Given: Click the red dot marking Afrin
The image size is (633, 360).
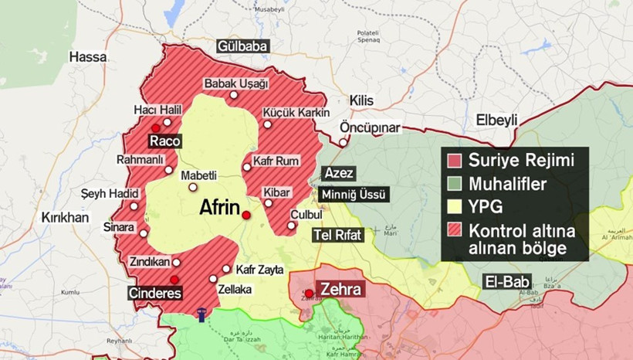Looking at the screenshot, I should (246, 216).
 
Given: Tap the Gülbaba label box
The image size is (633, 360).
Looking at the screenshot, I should (242, 46).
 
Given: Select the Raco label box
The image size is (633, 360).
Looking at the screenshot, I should (165, 141).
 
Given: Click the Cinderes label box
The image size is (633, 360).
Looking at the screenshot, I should (155, 294).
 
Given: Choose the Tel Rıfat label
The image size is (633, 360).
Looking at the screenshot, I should (337, 236).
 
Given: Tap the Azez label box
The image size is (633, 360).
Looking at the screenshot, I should (339, 172).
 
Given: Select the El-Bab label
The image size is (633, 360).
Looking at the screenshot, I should (502, 281).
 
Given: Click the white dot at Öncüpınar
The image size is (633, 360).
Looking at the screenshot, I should (343, 143).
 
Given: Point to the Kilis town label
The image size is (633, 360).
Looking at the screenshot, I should (361, 101).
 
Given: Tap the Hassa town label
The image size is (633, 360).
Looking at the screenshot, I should (86, 56).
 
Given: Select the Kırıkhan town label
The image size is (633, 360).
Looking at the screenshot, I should (66, 218).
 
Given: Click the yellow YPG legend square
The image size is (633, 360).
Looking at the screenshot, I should (455, 207).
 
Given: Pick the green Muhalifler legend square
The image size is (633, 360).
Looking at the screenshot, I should (455, 184).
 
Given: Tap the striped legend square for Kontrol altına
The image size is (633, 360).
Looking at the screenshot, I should (455, 230).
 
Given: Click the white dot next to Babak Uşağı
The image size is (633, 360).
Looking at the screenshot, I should (233, 95).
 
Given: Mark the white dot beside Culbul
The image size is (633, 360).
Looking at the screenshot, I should (291, 226).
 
